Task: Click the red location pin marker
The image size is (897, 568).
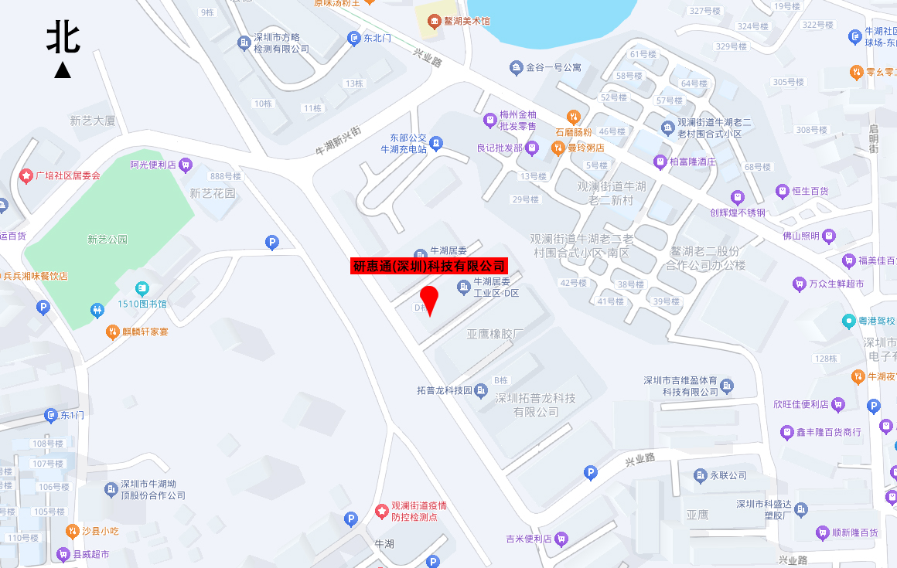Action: click(429, 298)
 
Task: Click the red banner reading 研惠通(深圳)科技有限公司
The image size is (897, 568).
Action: click(429, 266)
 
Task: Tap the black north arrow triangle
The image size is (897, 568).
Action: click(63, 70)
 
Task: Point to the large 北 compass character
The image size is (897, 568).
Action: click(63, 37)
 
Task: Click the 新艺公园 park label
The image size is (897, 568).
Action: click(107, 240)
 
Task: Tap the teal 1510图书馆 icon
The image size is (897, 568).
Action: click(142, 289)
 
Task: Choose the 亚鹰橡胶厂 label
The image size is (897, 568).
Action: click(496, 334)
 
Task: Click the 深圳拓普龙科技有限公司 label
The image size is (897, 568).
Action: click(535, 405)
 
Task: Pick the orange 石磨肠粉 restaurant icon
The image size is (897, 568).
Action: click(573, 117)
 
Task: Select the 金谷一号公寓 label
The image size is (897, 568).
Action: click(553, 68)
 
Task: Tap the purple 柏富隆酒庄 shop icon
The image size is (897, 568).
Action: click(660, 162)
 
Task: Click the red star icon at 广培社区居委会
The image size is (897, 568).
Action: click(26, 176)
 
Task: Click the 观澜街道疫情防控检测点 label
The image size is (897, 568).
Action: click(418, 511)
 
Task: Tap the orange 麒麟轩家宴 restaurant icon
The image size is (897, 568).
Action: click(113, 332)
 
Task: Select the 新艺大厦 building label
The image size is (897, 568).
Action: click(92, 121)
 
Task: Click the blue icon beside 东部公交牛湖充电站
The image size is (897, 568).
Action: click(437, 143)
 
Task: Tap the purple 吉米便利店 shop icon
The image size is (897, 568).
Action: click(561, 539)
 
